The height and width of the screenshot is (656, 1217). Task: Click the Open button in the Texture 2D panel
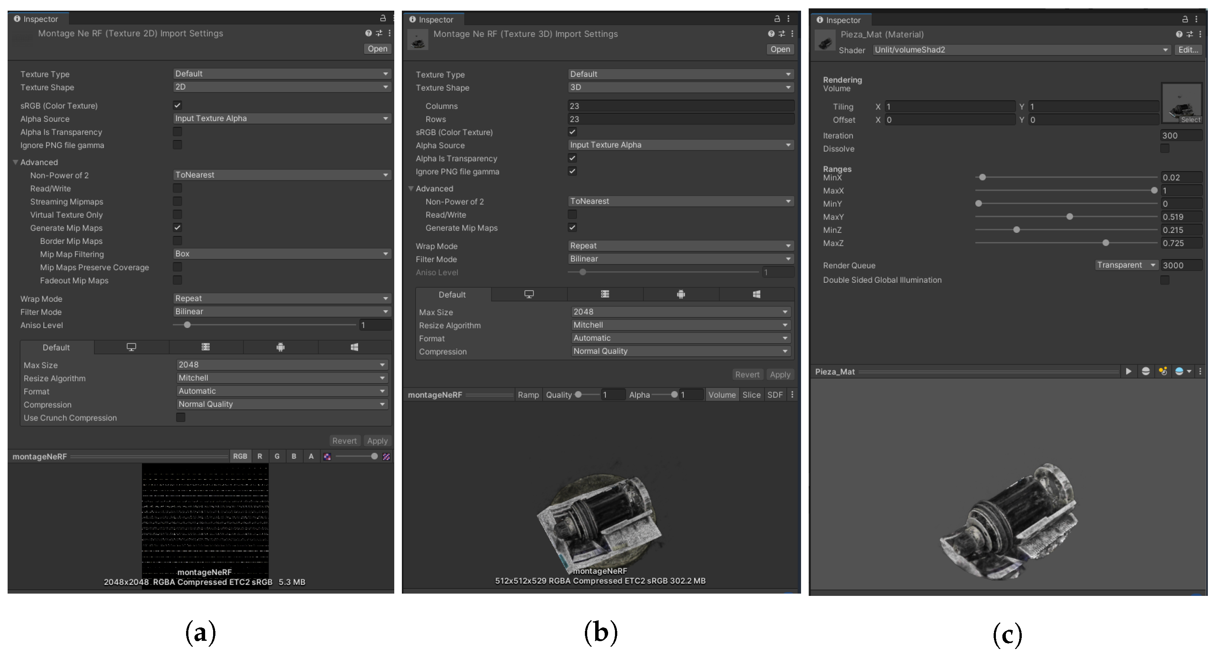point(377,49)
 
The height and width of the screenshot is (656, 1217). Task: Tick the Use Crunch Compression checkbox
point(180,417)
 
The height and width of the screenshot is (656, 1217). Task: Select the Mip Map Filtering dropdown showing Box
point(282,254)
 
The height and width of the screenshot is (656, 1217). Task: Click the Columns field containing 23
point(680,106)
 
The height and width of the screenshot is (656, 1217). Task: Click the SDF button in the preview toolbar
point(775,395)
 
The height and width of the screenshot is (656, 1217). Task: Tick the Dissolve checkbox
point(1164,149)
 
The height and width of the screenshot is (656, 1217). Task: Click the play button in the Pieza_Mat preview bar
point(1128,372)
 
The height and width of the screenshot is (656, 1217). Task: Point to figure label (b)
point(601,632)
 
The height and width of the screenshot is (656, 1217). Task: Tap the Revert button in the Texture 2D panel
point(344,441)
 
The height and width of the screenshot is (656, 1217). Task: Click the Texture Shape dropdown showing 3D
point(680,88)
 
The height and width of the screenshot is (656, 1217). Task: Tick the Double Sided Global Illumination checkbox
point(1164,280)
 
